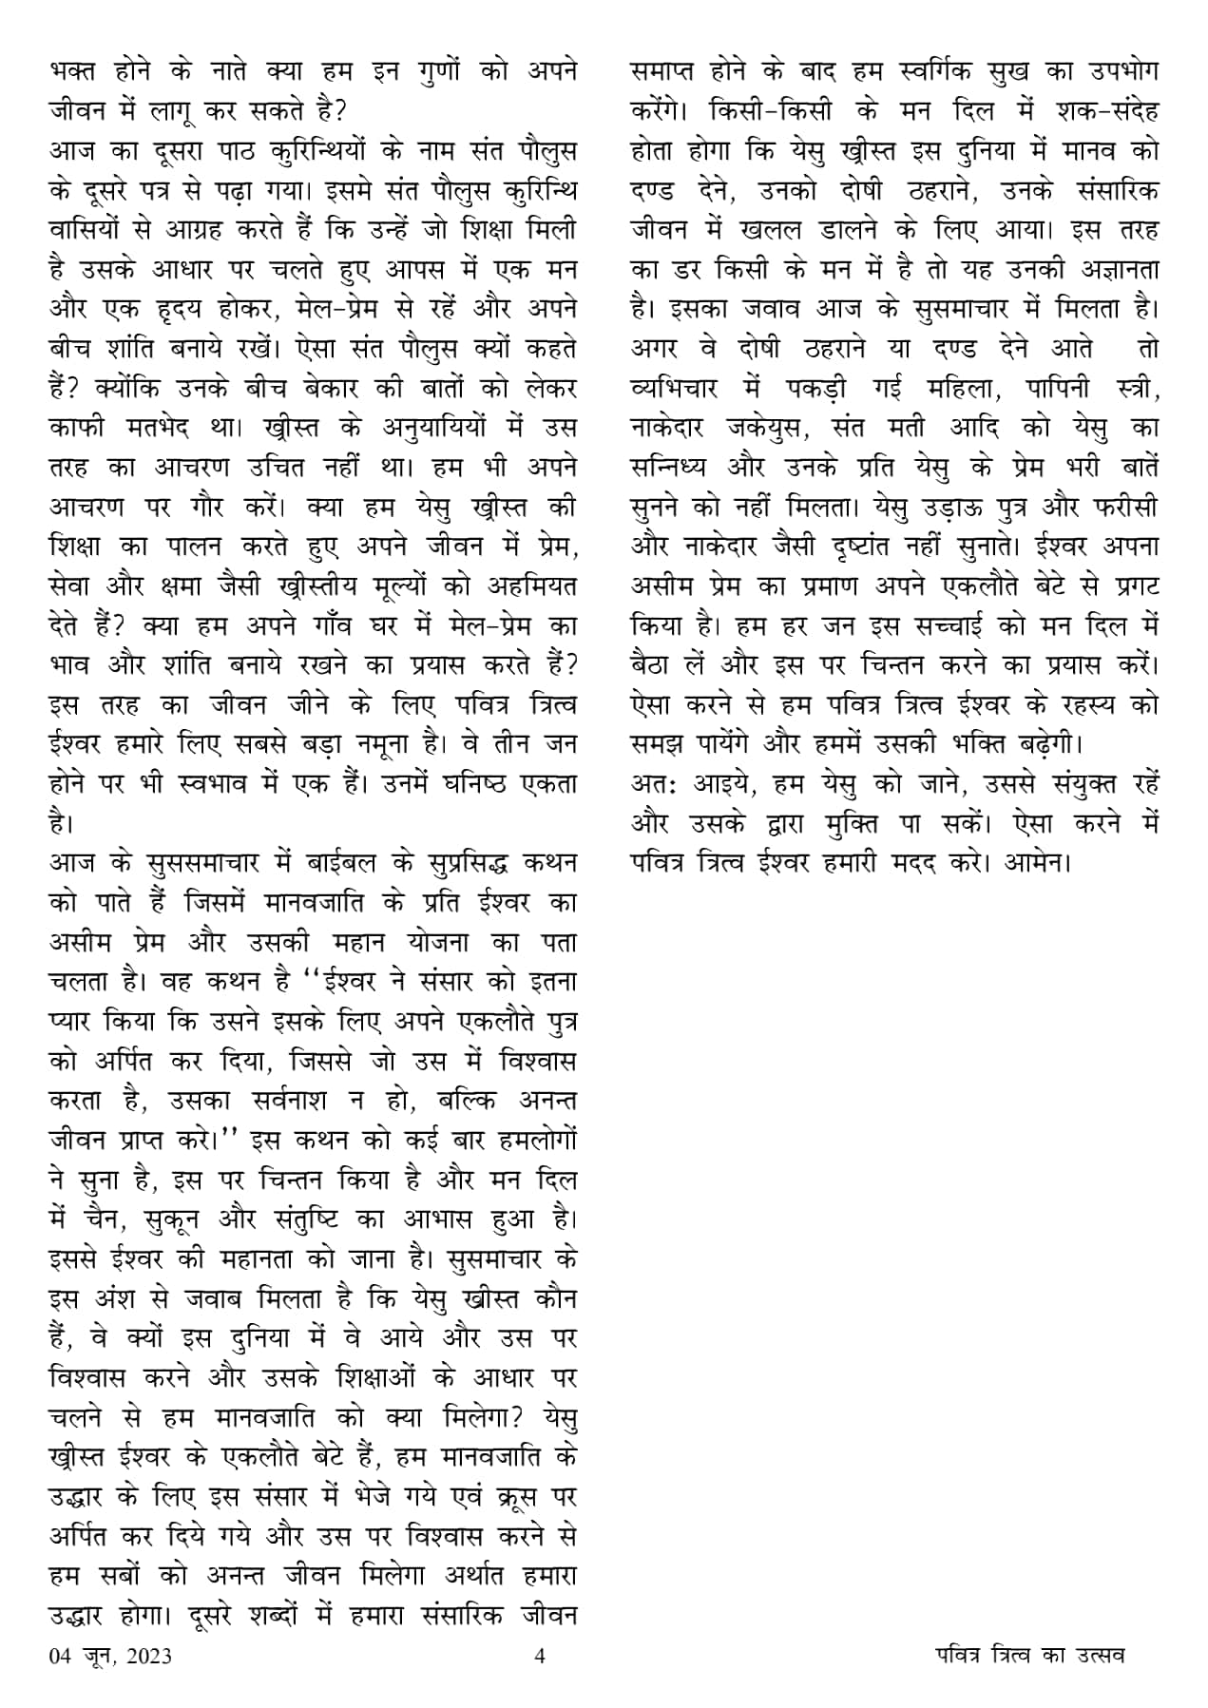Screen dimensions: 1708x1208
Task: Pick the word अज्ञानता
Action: coord(1108,271)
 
